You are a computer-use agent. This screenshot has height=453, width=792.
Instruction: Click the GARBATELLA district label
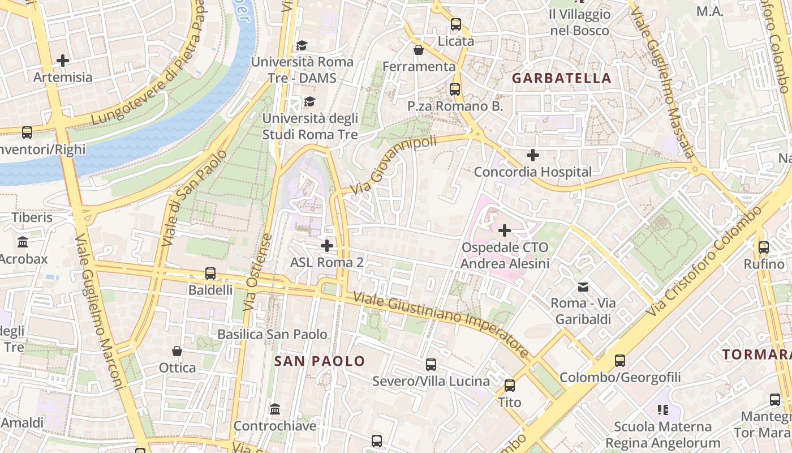562,78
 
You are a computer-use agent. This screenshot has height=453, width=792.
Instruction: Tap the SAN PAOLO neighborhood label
320,361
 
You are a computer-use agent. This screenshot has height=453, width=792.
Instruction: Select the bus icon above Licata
456,24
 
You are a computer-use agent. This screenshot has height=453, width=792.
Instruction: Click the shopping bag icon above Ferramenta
419,50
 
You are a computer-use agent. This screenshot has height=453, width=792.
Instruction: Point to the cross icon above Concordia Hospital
532,155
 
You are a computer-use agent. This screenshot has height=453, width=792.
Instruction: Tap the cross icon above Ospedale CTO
504,230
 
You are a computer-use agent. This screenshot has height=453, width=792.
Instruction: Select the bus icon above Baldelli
210,273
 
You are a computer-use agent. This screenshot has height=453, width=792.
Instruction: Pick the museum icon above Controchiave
275,409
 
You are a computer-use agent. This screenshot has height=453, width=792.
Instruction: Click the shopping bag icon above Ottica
177,351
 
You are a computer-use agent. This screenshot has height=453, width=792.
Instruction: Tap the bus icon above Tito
510,386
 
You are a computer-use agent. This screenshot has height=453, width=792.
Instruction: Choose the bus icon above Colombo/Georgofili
620,361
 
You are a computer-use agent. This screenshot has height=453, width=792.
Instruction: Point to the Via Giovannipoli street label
394,164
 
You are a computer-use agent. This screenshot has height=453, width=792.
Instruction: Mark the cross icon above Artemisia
63,60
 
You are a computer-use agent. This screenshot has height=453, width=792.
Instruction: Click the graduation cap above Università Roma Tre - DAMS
302,45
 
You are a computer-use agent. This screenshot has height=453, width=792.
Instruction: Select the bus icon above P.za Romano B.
455,89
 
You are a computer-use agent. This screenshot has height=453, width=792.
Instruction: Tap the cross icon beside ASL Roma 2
326,246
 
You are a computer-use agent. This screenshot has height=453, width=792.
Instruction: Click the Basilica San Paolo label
273,334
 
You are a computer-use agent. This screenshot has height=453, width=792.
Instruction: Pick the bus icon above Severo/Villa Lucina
431,365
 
